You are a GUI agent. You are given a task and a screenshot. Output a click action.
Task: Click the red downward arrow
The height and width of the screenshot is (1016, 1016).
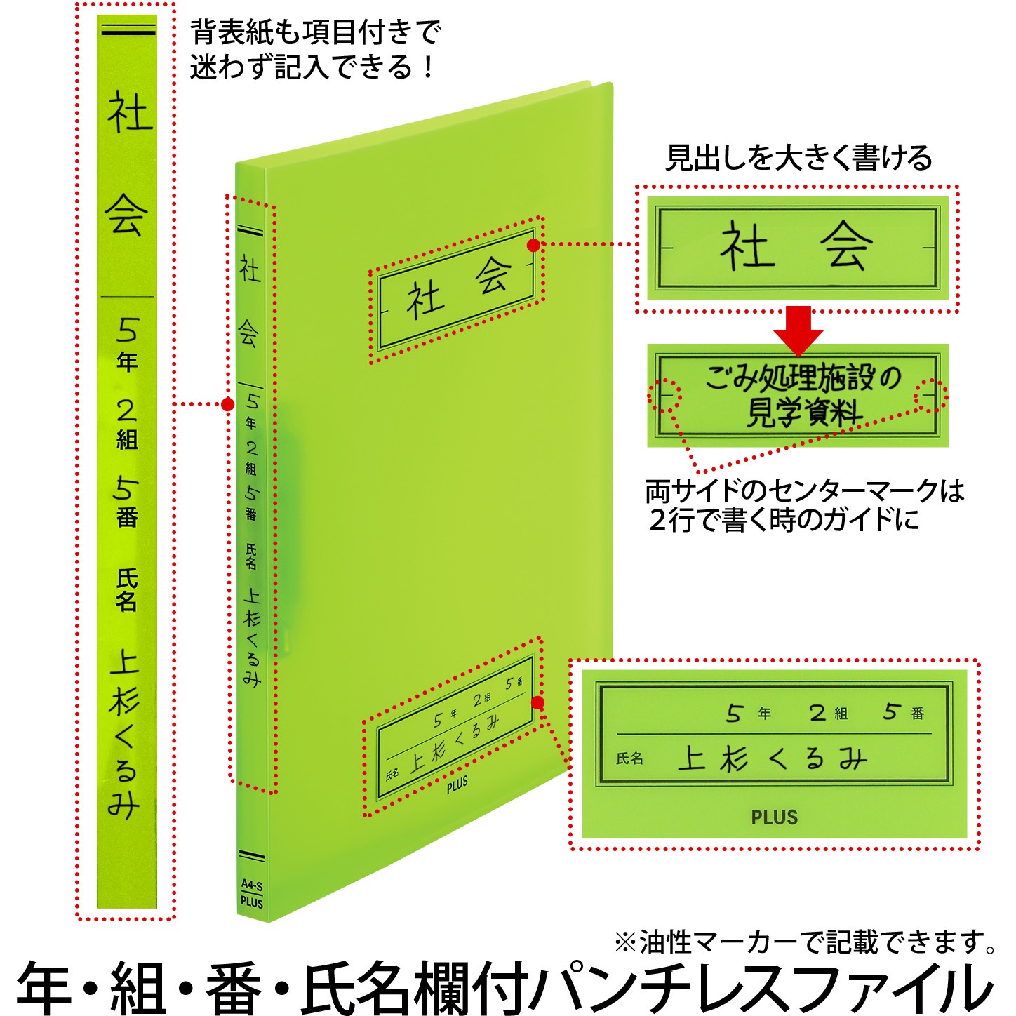pos(798,330)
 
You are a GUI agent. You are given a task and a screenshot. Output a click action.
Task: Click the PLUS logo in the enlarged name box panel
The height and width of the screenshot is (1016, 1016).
pos(774,817)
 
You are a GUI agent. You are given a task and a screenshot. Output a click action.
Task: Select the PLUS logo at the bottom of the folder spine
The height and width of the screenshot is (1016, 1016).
pos(251,902)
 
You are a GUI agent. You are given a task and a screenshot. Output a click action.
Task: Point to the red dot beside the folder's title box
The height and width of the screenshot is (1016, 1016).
pos(533,245)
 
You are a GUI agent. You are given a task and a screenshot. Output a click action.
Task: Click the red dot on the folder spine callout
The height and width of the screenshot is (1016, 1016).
pos(228,404)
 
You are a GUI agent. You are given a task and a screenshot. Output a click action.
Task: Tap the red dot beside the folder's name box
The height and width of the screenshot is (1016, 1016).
pos(537,702)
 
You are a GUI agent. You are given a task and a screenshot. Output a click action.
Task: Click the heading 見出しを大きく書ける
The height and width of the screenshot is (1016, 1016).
pos(798,158)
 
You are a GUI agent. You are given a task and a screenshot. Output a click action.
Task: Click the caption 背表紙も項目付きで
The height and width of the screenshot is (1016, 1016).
pos(315,32)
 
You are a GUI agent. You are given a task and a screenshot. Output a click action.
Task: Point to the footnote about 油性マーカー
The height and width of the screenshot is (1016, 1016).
pos(803,942)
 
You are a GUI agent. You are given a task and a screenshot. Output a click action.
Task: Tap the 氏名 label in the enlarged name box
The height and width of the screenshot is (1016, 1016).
pos(629,758)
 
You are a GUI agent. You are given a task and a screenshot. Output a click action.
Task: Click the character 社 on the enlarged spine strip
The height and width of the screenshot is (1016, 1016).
pos(129,113)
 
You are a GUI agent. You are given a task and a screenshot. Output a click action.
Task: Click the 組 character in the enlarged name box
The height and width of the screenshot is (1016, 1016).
pos(841,714)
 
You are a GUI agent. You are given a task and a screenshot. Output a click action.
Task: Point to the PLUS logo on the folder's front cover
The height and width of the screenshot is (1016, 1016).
pos(457,785)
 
